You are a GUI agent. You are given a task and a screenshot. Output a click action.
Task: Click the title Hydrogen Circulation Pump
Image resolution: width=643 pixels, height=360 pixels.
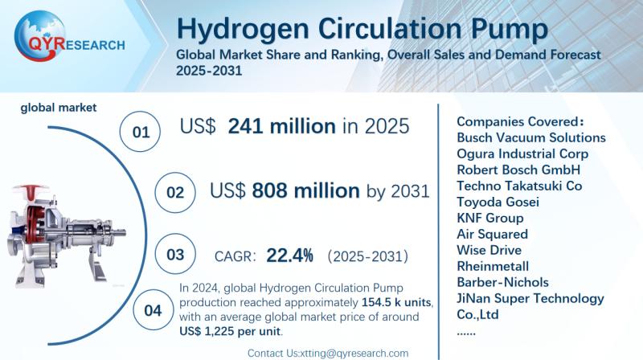(362, 30)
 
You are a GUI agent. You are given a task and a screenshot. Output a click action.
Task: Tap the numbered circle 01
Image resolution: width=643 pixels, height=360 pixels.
(141, 131)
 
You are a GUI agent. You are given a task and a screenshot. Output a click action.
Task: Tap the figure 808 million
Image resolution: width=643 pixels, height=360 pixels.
(305, 190)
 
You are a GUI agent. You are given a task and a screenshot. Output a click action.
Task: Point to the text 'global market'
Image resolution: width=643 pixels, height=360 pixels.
(59, 106)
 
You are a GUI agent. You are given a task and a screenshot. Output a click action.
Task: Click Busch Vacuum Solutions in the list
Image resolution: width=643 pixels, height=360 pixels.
(530, 137)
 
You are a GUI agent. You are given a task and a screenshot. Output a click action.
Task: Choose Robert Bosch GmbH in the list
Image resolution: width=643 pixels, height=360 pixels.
(518, 170)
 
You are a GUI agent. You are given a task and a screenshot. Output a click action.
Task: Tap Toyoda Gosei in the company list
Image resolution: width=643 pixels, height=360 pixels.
(498, 202)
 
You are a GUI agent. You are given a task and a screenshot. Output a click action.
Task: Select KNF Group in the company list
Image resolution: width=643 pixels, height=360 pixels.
(489, 218)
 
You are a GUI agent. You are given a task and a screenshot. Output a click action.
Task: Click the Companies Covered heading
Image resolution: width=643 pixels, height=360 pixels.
(519, 121)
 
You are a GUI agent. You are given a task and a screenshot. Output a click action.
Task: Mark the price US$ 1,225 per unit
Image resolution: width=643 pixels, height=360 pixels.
(232, 333)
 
